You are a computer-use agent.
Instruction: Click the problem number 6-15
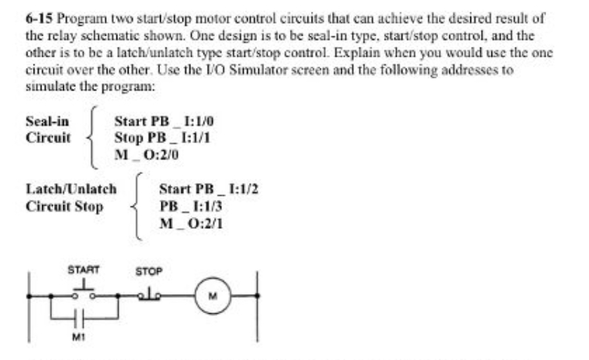pyautogui.click(x=37, y=20)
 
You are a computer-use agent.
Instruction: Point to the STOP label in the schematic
pyautogui.click(x=148, y=270)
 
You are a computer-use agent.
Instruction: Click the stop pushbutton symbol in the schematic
pyautogui.click(x=149, y=295)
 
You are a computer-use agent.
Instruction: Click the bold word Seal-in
pyautogui.click(x=47, y=121)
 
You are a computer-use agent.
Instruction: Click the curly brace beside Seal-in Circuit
pyautogui.click(x=96, y=138)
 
